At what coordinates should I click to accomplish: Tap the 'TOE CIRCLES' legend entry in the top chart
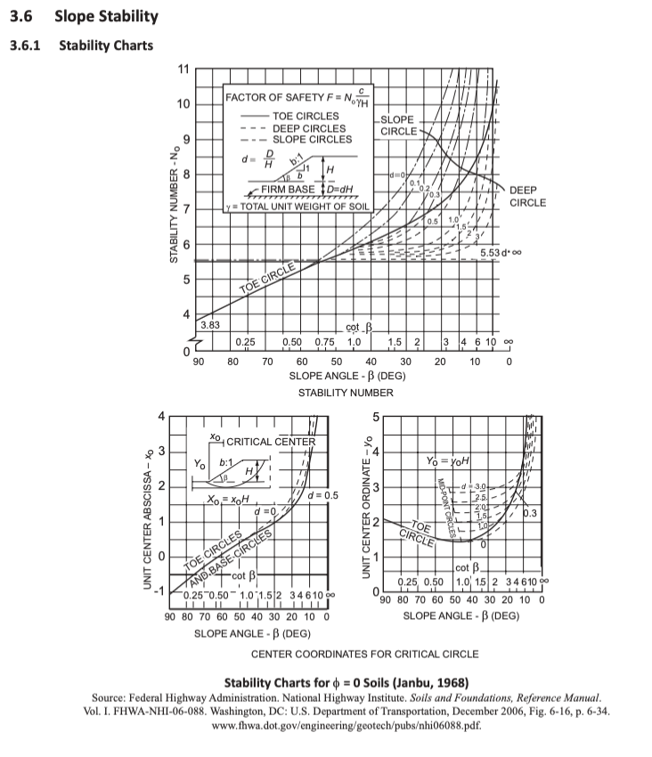tap(305, 116)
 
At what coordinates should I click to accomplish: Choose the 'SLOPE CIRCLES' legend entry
tap(311, 139)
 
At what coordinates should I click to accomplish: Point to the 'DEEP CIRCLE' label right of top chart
tap(527, 197)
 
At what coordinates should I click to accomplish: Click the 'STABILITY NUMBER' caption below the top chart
tap(345, 392)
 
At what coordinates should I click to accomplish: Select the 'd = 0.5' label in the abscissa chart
tap(322, 494)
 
